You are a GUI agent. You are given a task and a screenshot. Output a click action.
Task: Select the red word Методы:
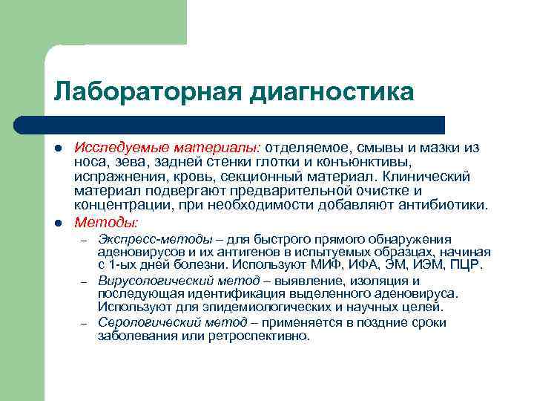[106, 222]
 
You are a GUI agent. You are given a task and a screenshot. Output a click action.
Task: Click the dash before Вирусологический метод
[85, 282]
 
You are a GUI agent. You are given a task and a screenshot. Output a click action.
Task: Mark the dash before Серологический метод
[85, 324]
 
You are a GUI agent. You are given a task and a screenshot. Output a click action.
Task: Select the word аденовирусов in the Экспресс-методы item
[135, 252]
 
